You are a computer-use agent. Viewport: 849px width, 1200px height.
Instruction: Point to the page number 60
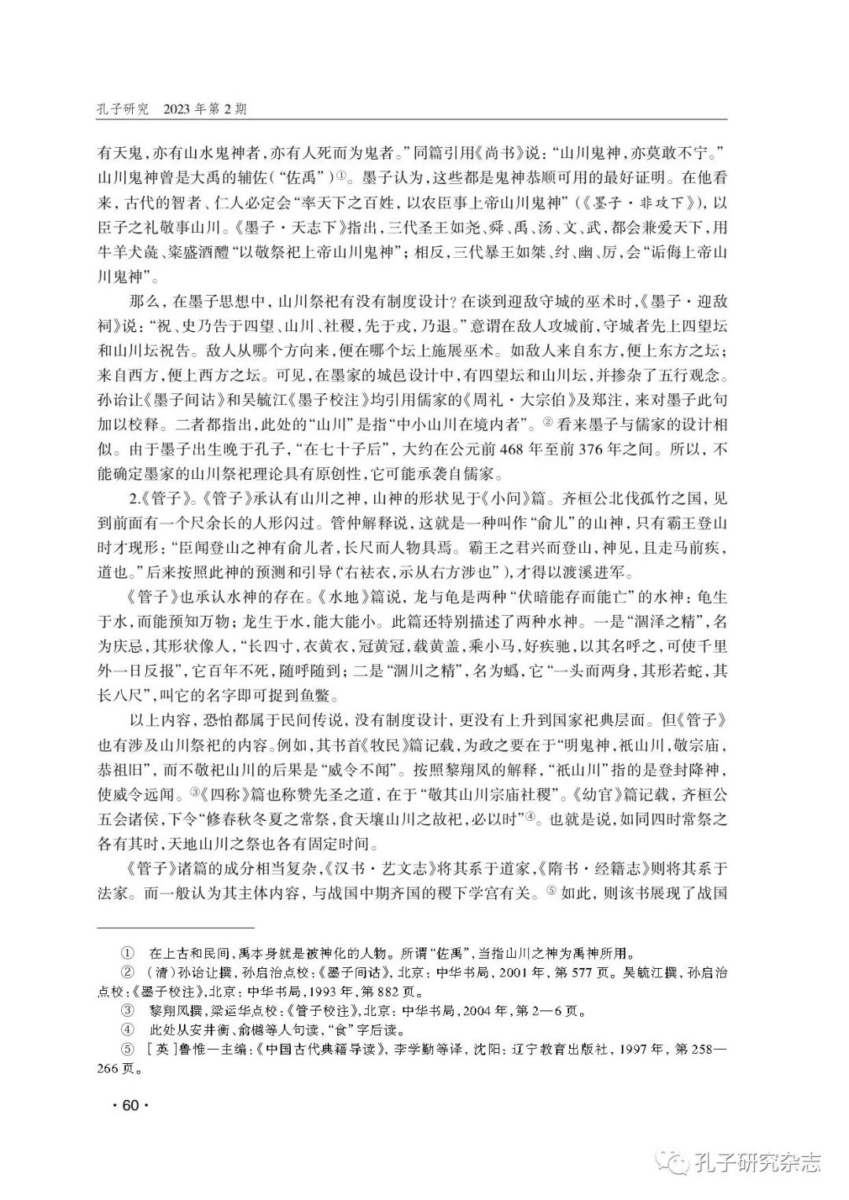[130, 1106]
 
